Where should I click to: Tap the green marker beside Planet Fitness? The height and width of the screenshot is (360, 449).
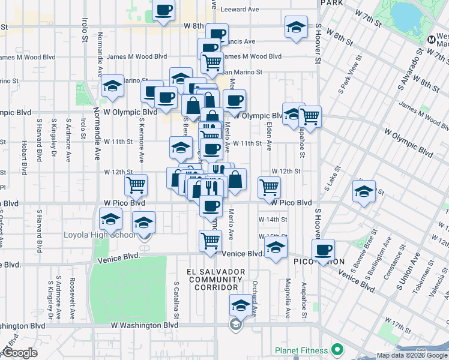(x=337, y=349)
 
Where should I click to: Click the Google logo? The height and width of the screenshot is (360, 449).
(x=20, y=353)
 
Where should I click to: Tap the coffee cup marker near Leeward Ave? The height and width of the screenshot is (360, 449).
(x=164, y=10)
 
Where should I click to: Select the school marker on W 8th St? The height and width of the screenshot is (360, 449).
(x=295, y=28)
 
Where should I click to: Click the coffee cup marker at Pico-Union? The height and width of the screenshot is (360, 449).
(x=324, y=250)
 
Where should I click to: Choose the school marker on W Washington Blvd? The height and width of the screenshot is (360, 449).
(x=241, y=305)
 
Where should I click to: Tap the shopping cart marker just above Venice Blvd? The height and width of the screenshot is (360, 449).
(x=210, y=241)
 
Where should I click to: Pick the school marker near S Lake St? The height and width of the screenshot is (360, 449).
(x=364, y=191)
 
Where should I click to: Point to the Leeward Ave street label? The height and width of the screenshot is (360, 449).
(x=240, y=10)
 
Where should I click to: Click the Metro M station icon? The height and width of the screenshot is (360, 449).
(x=432, y=40)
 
